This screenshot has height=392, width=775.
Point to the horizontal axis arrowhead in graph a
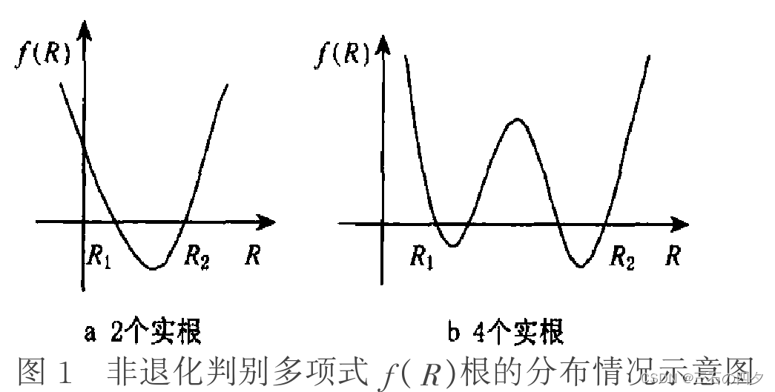(x=268, y=221)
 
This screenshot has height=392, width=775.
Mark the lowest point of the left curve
(x=152, y=268)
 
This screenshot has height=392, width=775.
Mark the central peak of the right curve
(x=515, y=119)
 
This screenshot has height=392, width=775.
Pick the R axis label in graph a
(x=253, y=256)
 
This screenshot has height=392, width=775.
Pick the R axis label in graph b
(x=673, y=256)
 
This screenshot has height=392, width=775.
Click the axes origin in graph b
(x=383, y=222)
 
